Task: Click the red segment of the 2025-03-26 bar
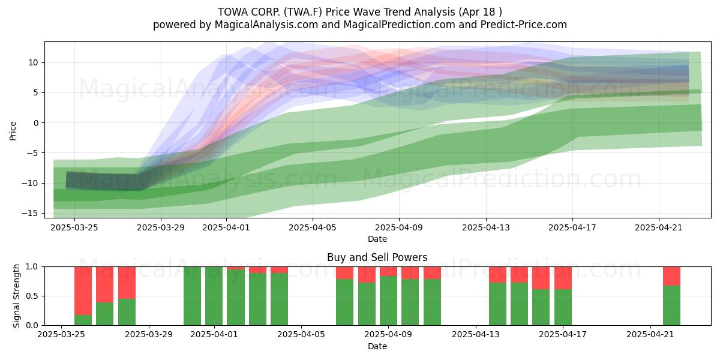[83, 291]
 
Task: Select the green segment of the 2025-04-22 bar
[672, 305]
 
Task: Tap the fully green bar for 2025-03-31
[192, 296]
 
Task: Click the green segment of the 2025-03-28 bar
[127, 312]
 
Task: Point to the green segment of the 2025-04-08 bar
[367, 304]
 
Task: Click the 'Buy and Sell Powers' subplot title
[377, 257]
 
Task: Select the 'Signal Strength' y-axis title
[16, 296]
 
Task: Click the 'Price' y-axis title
[13, 131]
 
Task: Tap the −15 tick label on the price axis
[29, 214]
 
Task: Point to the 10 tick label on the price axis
[33, 62]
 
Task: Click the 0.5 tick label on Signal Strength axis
[32, 296]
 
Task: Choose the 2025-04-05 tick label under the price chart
[313, 228]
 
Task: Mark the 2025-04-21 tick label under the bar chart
[650, 335]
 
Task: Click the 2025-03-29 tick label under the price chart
[161, 228]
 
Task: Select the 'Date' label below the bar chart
[377, 347]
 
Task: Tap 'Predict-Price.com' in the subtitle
[524, 25]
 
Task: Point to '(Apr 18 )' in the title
[481, 12]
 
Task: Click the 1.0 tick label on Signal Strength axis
[32, 267]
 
